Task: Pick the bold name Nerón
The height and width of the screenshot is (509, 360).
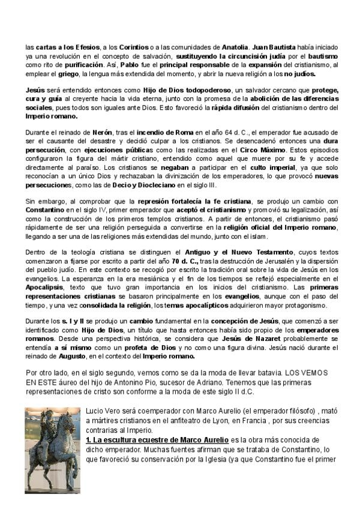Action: tap(103, 131)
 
